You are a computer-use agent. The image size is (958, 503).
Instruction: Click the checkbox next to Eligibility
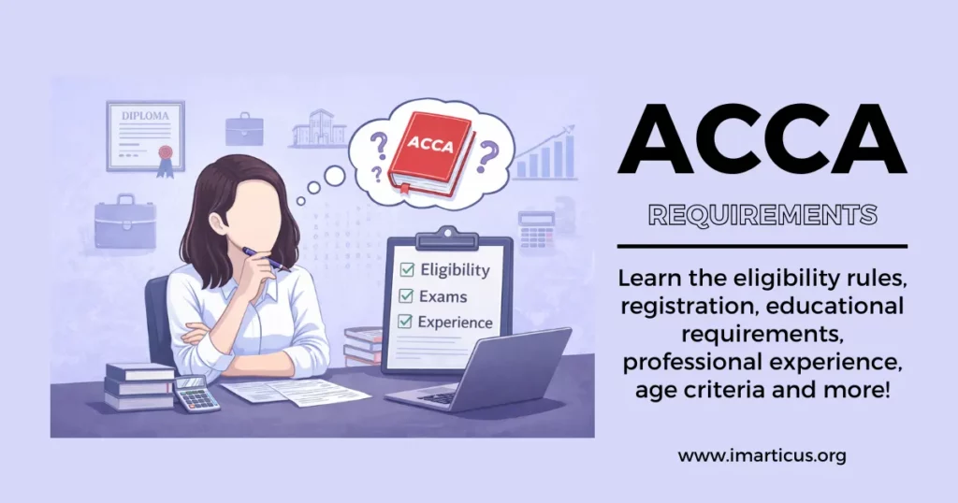[407, 270]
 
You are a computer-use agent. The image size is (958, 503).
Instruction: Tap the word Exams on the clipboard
[445, 296]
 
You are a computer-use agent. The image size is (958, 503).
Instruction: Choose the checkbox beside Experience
[407, 322]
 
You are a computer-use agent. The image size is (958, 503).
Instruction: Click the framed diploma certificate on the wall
[145, 136]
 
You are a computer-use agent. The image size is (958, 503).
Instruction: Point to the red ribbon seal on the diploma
[166, 153]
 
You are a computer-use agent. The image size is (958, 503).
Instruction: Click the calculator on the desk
[196, 393]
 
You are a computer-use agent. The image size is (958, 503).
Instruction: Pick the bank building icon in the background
[318, 129]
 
